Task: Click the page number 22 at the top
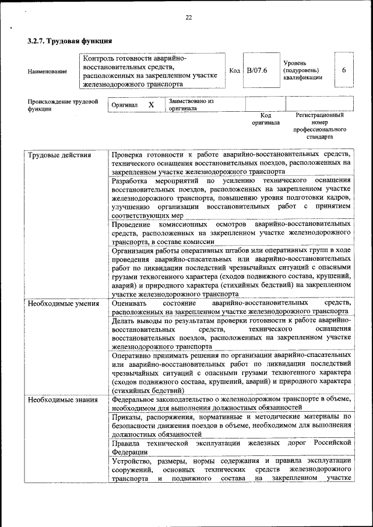tap(188, 17)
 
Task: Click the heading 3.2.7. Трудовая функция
tap(69, 41)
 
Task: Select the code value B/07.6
tap(257, 70)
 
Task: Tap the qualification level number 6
tap(344, 70)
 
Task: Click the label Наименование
tap(47, 72)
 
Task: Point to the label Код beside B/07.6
tap(234, 70)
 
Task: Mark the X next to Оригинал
tap(151, 105)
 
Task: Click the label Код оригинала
tap(266, 119)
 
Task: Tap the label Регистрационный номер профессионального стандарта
tap(319, 126)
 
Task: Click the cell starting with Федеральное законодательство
tap(231, 404)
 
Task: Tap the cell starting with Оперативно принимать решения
tap(231, 372)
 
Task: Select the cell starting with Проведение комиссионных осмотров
tap(231, 232)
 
